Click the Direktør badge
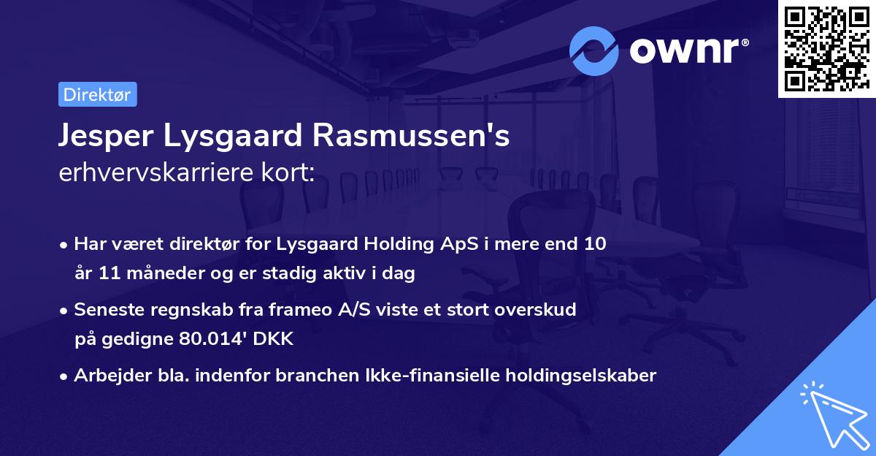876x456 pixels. [97, 94]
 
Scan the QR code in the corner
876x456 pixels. [826, 49]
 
